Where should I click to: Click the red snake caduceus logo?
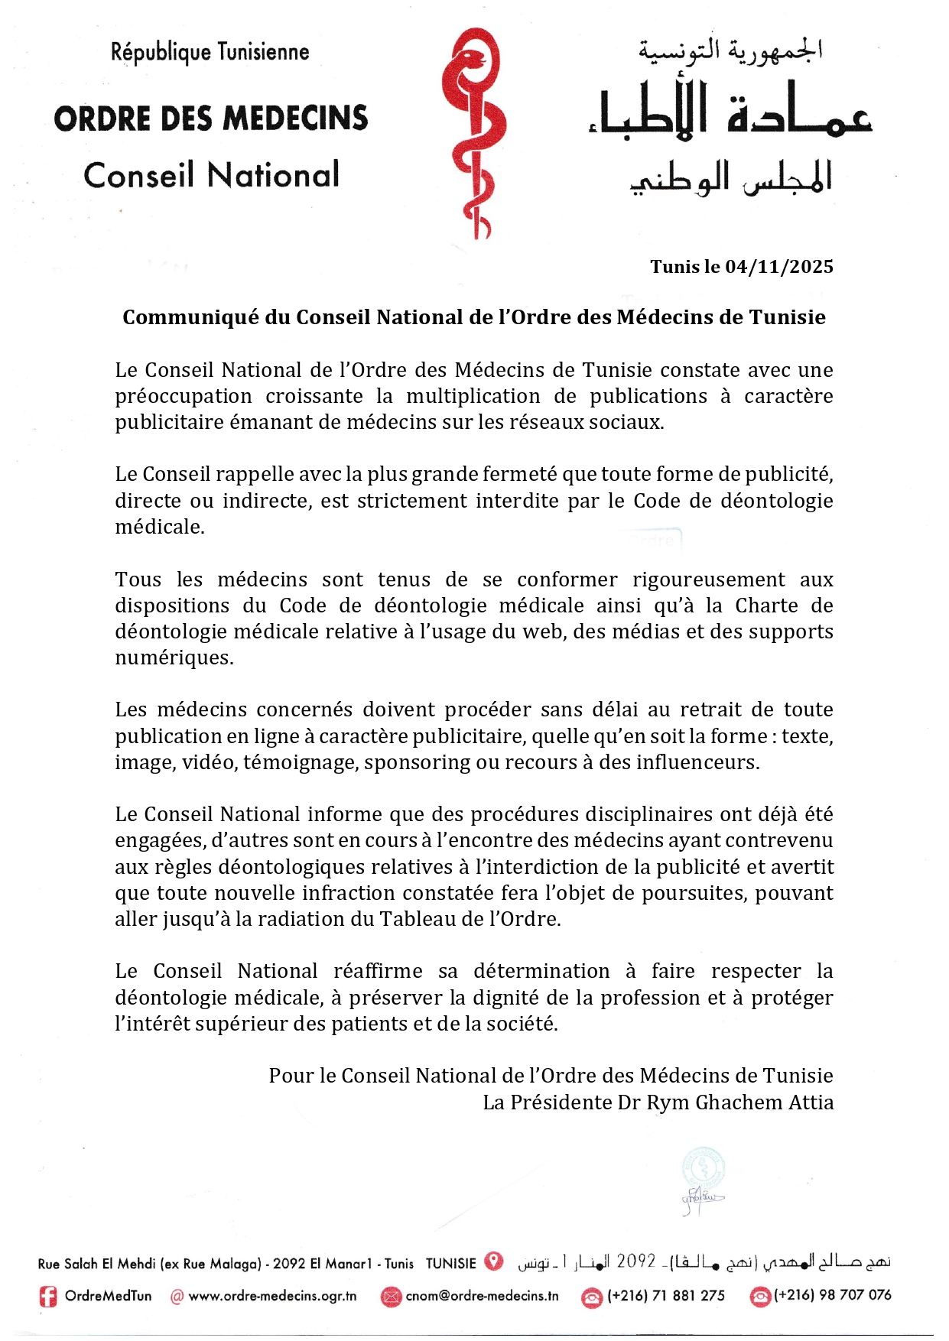pyautogui.click(x=473, y=134)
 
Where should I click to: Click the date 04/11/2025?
pyautogui.click(x=779, y=267)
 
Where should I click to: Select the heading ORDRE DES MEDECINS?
pyautogui.click(x=211, y=119)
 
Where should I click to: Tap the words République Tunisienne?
pyautogui.click(x=210, y=52)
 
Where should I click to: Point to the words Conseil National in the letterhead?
pyautogui.click(x=211, y=175)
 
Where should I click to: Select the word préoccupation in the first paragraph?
pyautogui.click(x=184, y=397)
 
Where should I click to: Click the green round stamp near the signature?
pyautogui.click(x=704, y=1168)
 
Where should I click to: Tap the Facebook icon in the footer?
pyautogui.click(x=48, y=1297)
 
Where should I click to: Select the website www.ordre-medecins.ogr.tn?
pyautogui.click(x=272, y=1297)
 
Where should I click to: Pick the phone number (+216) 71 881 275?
pyautogui.click(x=666, y=1296)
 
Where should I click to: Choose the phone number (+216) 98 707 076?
pyautogui.click(x=833, y=1295)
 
